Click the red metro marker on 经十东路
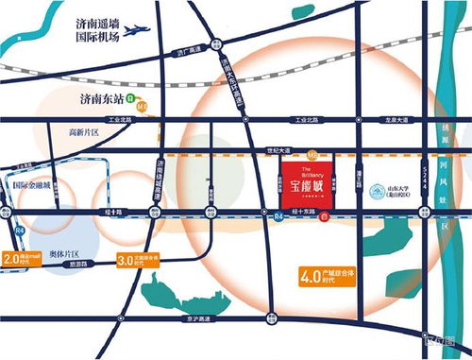(324, 218)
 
